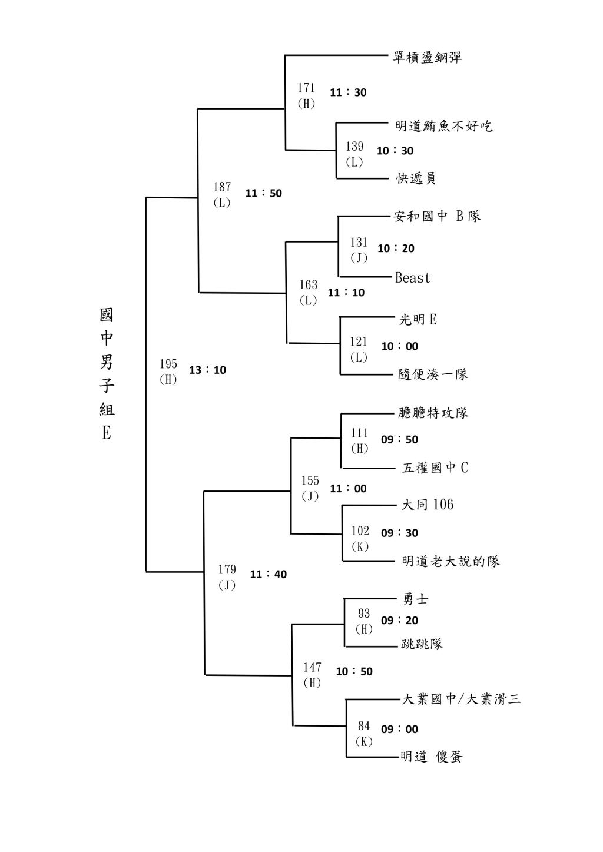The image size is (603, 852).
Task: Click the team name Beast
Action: [412, 278]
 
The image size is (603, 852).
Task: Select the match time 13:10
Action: [207, 370]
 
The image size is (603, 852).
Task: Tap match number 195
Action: [168, 364]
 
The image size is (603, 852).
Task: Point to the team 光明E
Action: [418, 320]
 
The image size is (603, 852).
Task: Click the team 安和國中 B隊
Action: [437, 216]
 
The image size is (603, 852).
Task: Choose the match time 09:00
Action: [399, 730]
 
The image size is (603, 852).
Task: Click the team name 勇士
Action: [415, 599]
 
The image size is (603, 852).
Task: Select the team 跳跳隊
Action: [422, 644]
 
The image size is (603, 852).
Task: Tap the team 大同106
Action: [428, 505]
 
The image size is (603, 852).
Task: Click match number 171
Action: [306, 88]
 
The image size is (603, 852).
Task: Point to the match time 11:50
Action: [264, 193]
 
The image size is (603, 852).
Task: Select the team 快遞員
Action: [416, 178]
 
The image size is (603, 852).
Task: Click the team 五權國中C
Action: [435, 468]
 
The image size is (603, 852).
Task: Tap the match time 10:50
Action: [354, 671]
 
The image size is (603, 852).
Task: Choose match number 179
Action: [227, 569]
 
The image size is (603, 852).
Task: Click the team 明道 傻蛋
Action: [431, 757]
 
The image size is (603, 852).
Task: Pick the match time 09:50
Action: [399, 440]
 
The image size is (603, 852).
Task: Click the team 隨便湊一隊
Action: [433, 374]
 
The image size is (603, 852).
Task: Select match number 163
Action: [308, 285]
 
